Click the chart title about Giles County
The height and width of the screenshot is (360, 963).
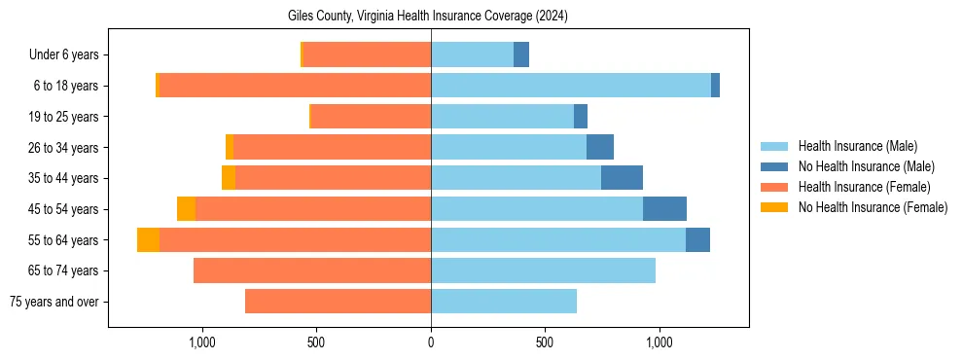point(428,16)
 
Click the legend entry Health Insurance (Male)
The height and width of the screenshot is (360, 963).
point(856,146)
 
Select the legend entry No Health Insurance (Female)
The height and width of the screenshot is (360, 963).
point(873,207)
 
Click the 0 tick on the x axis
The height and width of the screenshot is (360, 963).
point(431,342)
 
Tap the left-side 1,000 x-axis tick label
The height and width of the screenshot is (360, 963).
point(202,342)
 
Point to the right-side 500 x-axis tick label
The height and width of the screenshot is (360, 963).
point(545,342)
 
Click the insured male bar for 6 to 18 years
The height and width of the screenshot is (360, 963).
point(571,86)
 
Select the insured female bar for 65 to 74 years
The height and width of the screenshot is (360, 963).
point(312,270)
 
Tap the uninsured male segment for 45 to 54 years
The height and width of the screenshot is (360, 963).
point(664,209)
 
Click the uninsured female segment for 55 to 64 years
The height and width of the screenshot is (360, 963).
point(148,240)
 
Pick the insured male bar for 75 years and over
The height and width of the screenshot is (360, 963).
point(504,302)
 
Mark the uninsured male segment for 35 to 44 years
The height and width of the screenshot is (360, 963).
point(622,178)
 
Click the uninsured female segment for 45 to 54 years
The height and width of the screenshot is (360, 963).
point(186,209)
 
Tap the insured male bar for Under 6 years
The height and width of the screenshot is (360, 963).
point(472,54)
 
